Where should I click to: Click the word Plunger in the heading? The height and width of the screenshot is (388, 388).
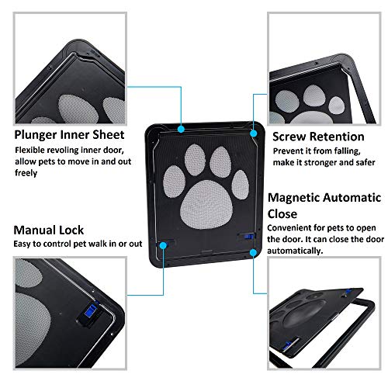(36, 135)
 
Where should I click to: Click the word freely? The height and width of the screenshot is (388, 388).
(26, 173)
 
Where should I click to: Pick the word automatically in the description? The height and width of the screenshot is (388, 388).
(295, 251)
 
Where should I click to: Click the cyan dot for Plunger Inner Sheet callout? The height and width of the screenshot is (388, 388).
(181, 129)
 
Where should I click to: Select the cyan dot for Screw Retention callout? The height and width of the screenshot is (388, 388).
(254, 133)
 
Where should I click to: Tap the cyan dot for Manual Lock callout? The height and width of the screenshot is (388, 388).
(163, 245)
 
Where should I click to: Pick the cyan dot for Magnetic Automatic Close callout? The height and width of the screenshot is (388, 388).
(253, 253)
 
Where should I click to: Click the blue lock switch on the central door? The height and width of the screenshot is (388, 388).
(248, 237)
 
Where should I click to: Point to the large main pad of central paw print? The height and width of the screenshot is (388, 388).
(206, 205)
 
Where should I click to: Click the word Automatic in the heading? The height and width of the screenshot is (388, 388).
(352, 198)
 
